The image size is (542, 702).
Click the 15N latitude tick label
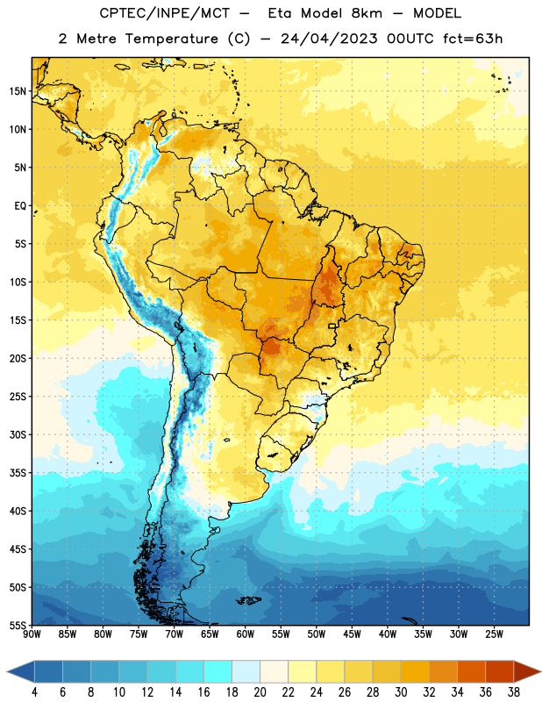point(18,91)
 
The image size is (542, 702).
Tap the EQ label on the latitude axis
point(20,206)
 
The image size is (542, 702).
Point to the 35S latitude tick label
point(18,473)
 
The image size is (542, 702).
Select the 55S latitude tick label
point(18,625)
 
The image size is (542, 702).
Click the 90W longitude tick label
point(32,634)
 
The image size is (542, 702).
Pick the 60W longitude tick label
point(246,634)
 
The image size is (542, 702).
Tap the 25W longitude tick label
point(494,634)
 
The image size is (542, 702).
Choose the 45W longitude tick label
point(352,634)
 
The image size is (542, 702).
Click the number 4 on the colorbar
point(34,692)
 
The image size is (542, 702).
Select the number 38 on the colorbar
point(514,692)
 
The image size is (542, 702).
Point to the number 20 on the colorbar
point(260,692)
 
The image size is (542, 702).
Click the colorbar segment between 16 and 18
point(218,671)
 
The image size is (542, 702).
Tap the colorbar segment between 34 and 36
point(471,671)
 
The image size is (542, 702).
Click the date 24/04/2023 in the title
point(329,39)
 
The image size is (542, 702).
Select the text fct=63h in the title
point(473,39)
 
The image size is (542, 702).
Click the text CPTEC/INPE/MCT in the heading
point(164,13)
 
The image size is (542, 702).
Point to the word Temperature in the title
point(171,39)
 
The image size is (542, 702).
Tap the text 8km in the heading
point(367,13)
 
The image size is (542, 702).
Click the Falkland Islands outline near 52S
point(249,600)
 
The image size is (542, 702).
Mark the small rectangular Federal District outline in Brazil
point(332,326)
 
